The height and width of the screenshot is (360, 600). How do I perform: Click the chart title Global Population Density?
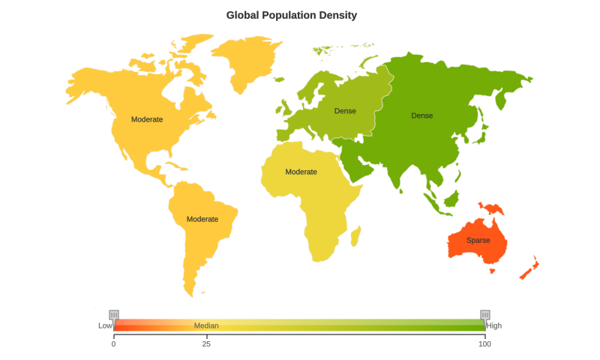292,15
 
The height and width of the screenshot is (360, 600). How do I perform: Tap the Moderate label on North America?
147,119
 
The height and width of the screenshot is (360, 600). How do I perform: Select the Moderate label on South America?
202,219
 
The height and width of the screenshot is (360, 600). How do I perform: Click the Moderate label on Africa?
301,172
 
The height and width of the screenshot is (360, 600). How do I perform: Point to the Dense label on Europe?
345,111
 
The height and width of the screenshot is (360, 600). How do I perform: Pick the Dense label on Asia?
421,115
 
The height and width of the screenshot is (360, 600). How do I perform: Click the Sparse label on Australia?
478,240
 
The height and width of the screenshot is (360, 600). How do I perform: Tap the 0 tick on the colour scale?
114,343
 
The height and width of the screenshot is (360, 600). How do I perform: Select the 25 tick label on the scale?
206,343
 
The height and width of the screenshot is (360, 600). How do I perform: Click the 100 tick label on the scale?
484,343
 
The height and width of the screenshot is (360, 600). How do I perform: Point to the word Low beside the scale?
105,325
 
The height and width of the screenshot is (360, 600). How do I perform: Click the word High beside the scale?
494,325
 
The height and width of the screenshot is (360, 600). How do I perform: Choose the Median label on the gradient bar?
206,325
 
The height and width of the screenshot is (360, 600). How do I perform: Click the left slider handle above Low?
114,315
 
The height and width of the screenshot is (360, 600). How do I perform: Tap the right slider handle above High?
485,315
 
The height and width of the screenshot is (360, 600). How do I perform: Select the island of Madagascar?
356,237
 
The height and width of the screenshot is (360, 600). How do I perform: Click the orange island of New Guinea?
493,208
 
